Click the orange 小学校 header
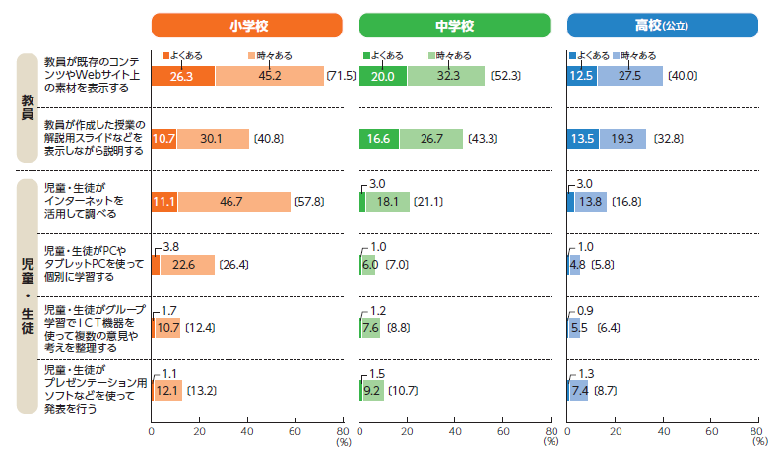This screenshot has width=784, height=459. pos(246,25)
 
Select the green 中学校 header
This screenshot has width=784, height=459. pos(454,25)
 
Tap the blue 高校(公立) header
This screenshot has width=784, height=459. pos(662,25)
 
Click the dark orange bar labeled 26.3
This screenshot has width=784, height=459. pos(182,76)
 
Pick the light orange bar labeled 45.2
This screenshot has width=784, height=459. pos(269,76)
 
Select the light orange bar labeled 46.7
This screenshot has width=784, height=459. pos(233,202)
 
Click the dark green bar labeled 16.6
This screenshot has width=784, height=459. pos(379,139)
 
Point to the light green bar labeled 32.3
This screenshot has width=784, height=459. pos(445,76)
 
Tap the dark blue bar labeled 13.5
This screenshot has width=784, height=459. pos(583,139)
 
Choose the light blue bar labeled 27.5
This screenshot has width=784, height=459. pos(629,76)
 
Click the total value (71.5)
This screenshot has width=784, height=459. pos(341,76)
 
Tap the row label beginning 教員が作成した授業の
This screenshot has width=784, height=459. pos(95,139)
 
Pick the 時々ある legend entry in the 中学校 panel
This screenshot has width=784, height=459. pos(451,56)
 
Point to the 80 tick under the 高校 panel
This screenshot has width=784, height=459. pos(756,431)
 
